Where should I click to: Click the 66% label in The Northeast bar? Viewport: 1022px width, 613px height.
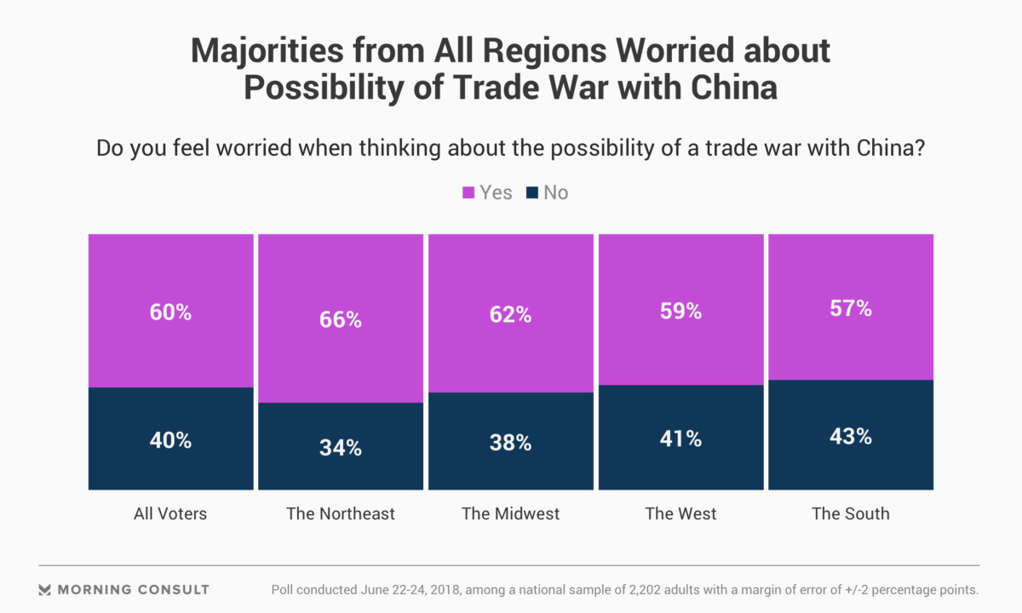pyautogui.click(x=341, y=320)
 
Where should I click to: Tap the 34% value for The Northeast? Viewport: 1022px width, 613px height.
pyautogui.click(x=341, y=448)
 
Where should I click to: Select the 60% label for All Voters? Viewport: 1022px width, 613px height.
pyautogui.click(x=171, y=312)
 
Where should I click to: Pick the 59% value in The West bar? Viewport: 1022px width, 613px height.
pyautogui.click(x=681, y=312)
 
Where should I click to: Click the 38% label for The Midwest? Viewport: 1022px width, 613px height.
pyautogui.click(x=511, y=443)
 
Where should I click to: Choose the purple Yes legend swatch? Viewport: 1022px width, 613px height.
pyautogui.click(x=468, y=193)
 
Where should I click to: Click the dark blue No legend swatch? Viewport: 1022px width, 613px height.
pyautogui.click(x=532, y=193)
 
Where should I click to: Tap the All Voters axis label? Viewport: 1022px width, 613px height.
pyautogui.click(x=170, y=513)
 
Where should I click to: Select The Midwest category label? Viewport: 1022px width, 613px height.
pyautogui.click(x=511, y=513)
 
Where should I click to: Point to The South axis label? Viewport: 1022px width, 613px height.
pyautogui.click(x=851, y=513)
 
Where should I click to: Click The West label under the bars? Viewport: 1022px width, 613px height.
pyautogui.click(x=681, y=513)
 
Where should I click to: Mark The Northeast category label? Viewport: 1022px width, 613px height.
pyautogui.click(x=341, y=513)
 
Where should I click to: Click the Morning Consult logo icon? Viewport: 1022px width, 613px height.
pyautogui.click(x=45, y=589)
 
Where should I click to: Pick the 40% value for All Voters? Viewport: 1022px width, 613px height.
pyautogui.click(x=171, y=440)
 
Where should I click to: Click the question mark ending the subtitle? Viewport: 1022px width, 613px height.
pyautogui.click(x=921, y=148)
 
